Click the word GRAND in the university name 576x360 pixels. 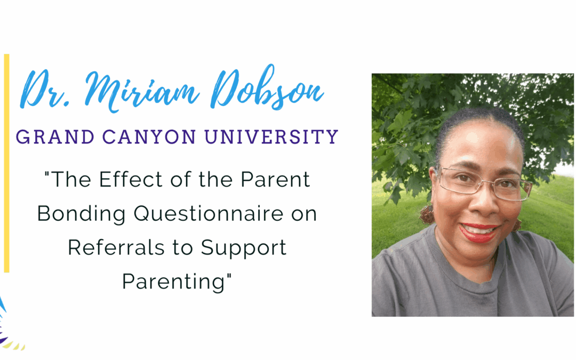(x=55, y=137)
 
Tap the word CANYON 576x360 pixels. (x=149, y=137)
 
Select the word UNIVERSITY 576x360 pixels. (x=271, y=137)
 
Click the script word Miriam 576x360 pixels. (x=142, y=90)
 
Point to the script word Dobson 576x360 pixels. (x=267, y=87)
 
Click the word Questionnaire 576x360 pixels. (x=209, y=214)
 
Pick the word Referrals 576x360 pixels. (x=116, y=247)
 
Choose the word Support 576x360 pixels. (x=244, y=249)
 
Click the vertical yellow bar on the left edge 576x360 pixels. (x=6, y=163)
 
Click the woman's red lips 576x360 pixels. (x=478, y=233)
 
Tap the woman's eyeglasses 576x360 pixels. (x=484, y=182)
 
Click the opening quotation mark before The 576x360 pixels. (x=47, y=174)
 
